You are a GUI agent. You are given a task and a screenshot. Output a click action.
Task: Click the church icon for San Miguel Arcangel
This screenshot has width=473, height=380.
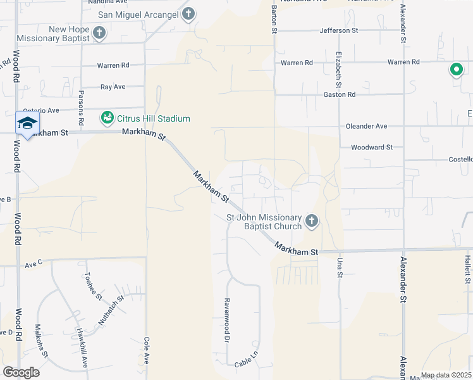[188, 14]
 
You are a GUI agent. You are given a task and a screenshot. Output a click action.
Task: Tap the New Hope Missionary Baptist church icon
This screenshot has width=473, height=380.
[99, 32]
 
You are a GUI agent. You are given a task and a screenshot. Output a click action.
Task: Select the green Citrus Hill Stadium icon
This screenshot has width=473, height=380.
[107, 118]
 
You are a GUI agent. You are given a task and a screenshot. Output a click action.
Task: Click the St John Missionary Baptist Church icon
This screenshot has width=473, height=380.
[310, 221]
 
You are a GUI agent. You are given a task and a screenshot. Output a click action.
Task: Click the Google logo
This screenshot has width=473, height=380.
[21, 372]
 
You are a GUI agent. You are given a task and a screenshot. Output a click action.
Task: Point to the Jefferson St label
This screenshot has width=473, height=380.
[339, 30]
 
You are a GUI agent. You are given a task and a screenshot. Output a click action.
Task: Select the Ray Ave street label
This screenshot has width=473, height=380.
[113, 87]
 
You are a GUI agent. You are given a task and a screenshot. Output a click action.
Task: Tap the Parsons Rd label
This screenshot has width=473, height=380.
[81, 107]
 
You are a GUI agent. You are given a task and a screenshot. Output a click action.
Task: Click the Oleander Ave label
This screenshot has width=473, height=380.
[366, 126]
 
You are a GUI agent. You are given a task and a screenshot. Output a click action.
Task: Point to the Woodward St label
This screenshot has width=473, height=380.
[372, 147]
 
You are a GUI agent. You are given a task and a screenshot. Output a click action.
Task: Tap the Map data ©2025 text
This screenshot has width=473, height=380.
[445, 375]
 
